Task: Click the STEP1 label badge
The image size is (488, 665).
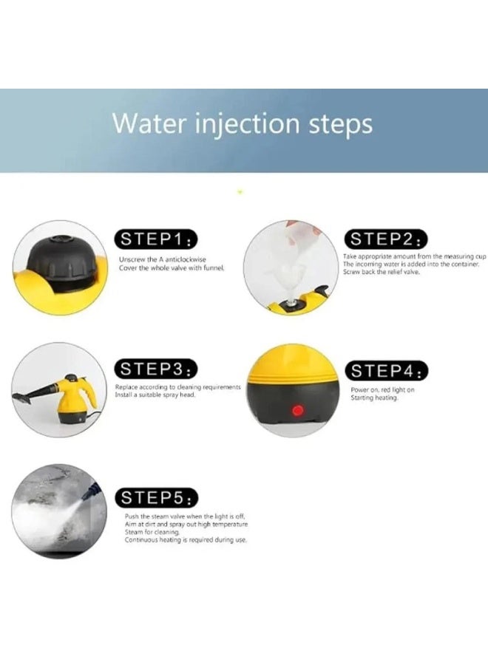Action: pyautogui.click(x=156, y=239)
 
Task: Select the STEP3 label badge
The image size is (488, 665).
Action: pyautogui.click(x=156, y=368)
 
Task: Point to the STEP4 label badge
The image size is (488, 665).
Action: pyautogui.click(x=386, y=370)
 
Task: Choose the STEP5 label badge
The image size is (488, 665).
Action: pyautogui.click(x=156, y=497)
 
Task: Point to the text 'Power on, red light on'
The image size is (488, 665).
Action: pyautogui.click(x=382, y=389)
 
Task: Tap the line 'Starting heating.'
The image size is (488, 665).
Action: pyautogui.click(x=374, y=398)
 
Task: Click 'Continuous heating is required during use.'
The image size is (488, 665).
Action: pyautogui.click(x=186, y=540)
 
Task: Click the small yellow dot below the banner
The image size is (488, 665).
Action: pyautogui.click(x=240, y=192)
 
